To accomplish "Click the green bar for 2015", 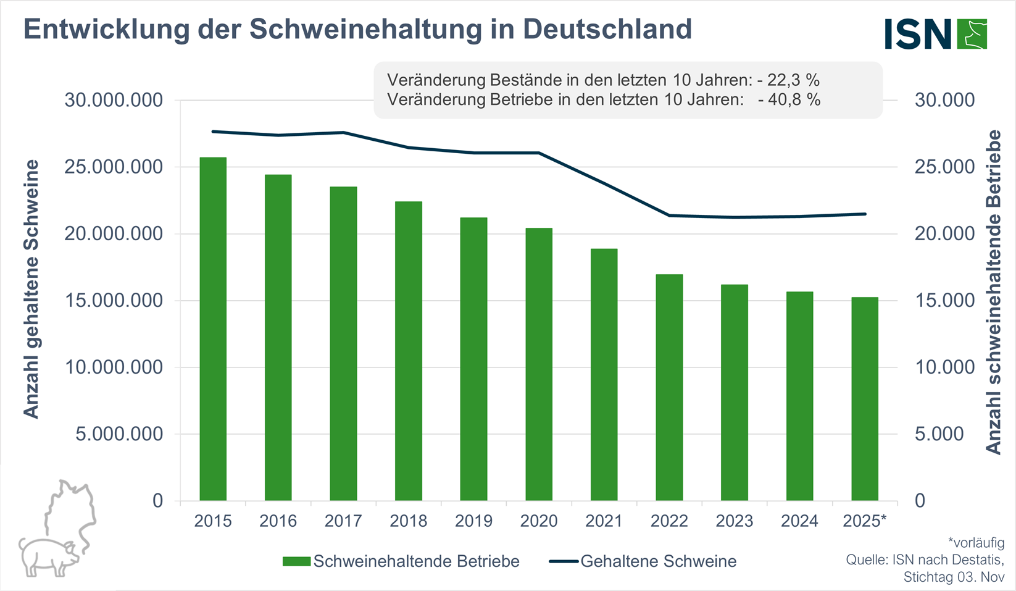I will click(213, 329).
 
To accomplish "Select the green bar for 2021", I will click(604, 374).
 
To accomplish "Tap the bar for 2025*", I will click(864, 398).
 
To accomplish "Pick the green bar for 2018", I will click(409, 351).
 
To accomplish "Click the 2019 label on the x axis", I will click(473, 521).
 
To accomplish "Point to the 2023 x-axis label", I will click(734, 521).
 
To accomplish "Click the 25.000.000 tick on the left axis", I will click(114, 167).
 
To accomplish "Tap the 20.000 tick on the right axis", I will click(944, 233).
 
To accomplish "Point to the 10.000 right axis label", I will click(944, 367).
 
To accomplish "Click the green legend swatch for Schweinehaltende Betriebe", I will click(296, 561).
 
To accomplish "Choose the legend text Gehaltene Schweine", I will click(658, 561).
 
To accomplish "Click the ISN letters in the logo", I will click(918, 34).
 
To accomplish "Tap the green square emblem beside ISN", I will click(972, 34).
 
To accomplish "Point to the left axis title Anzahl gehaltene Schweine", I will click(31, 289).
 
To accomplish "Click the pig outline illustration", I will click(59, 531).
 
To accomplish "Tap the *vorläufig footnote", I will click(976, 543).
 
